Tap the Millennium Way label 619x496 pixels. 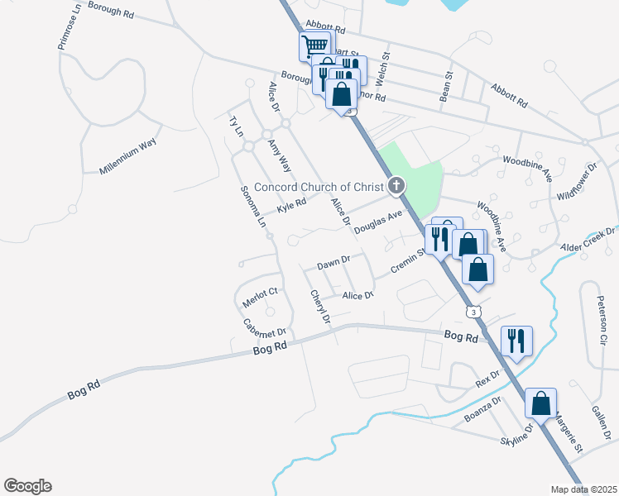pos(127,155)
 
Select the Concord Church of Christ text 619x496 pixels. pos(320,187)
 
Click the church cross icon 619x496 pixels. pos(397,185)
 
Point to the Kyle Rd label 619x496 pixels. pos(291,204)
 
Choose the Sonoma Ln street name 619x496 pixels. pos(253,207)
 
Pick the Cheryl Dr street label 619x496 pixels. pos(320,307)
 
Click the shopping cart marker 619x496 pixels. pos(314,45)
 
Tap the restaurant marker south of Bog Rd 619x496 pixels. pos(516,340)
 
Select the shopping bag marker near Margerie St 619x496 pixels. pos(540,403)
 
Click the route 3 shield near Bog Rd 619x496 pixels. pos(473,312)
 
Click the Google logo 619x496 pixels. pos(27,486)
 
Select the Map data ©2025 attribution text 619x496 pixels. pos(583,489)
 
